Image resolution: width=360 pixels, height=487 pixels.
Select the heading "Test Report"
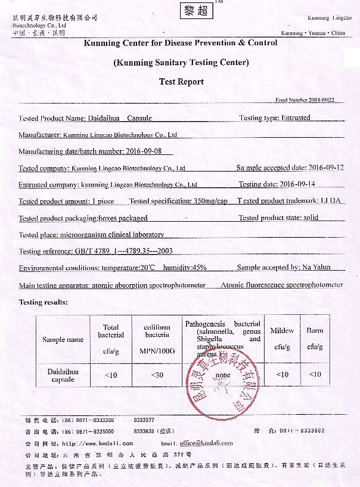181,82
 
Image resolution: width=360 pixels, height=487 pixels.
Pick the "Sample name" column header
63,340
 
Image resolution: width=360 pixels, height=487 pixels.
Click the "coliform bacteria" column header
157,331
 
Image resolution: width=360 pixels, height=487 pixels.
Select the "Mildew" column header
282,330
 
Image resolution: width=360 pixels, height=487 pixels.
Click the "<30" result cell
157,374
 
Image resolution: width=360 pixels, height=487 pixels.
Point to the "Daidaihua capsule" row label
63,375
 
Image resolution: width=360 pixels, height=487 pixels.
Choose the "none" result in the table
223,375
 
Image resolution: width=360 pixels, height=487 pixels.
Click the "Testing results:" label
44,302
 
